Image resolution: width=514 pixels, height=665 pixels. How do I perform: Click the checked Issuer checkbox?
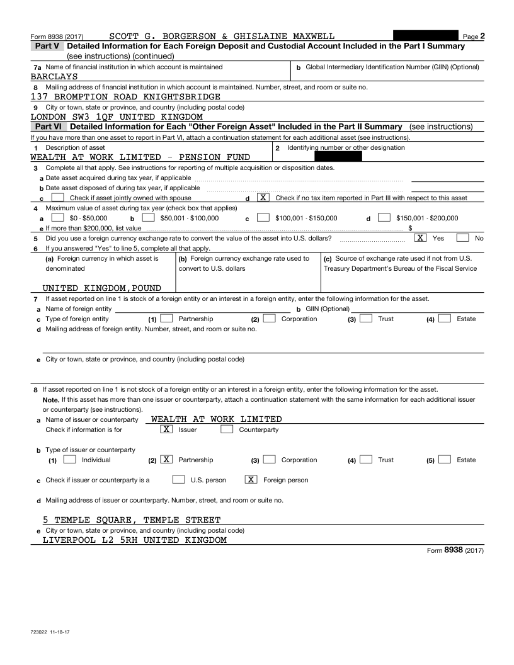point(167,429)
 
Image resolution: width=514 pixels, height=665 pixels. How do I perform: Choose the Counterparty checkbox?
point(227,429)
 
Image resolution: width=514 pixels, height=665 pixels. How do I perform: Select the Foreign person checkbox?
point(251,480)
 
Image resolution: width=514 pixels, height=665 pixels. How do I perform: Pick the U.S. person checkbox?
point(178,480)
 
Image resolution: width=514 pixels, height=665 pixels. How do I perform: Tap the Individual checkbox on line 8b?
point(70,460)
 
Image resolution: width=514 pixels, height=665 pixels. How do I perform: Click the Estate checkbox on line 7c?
point(445,319)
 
